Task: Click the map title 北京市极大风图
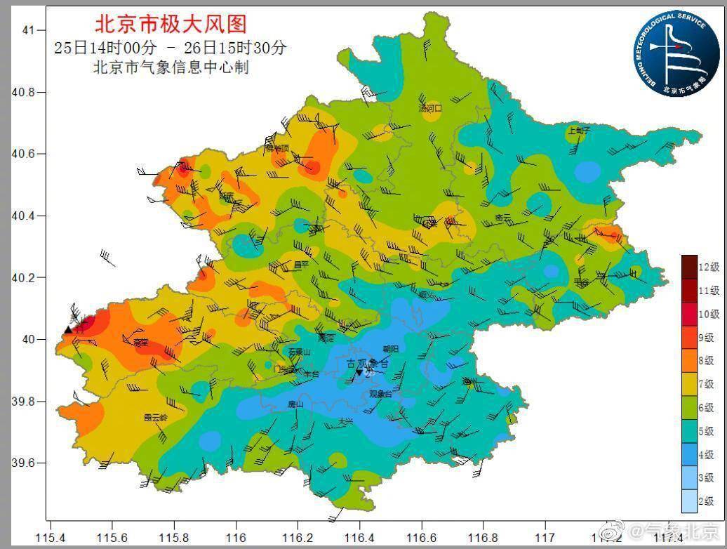click(171, 25)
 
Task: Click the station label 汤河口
click(430, 108)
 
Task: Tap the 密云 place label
click(503, 218)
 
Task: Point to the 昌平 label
click(301, 264)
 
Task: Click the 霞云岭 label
click(156, 417)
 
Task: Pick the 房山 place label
click(295, 404)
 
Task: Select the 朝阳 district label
click(390, 348)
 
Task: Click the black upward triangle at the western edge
click(68, 329)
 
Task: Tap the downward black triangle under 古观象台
click(359, 373)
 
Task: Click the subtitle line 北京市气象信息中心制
click(171, 68)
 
